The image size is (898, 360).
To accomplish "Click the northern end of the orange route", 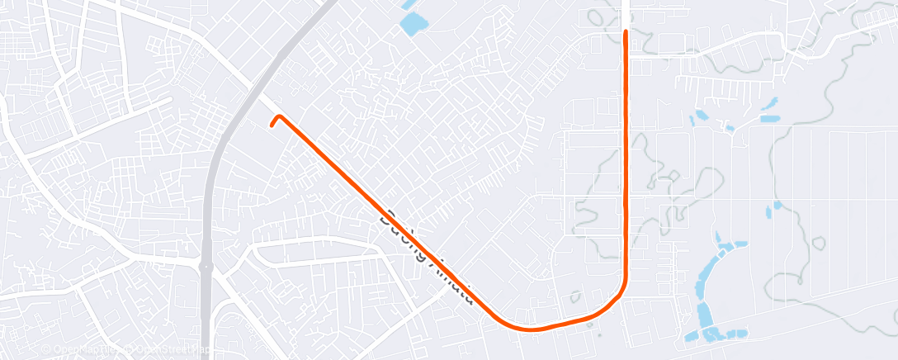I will point(626,32).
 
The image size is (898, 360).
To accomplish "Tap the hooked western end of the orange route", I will point(272,126).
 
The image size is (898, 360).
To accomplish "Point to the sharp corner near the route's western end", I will point(279,116).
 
